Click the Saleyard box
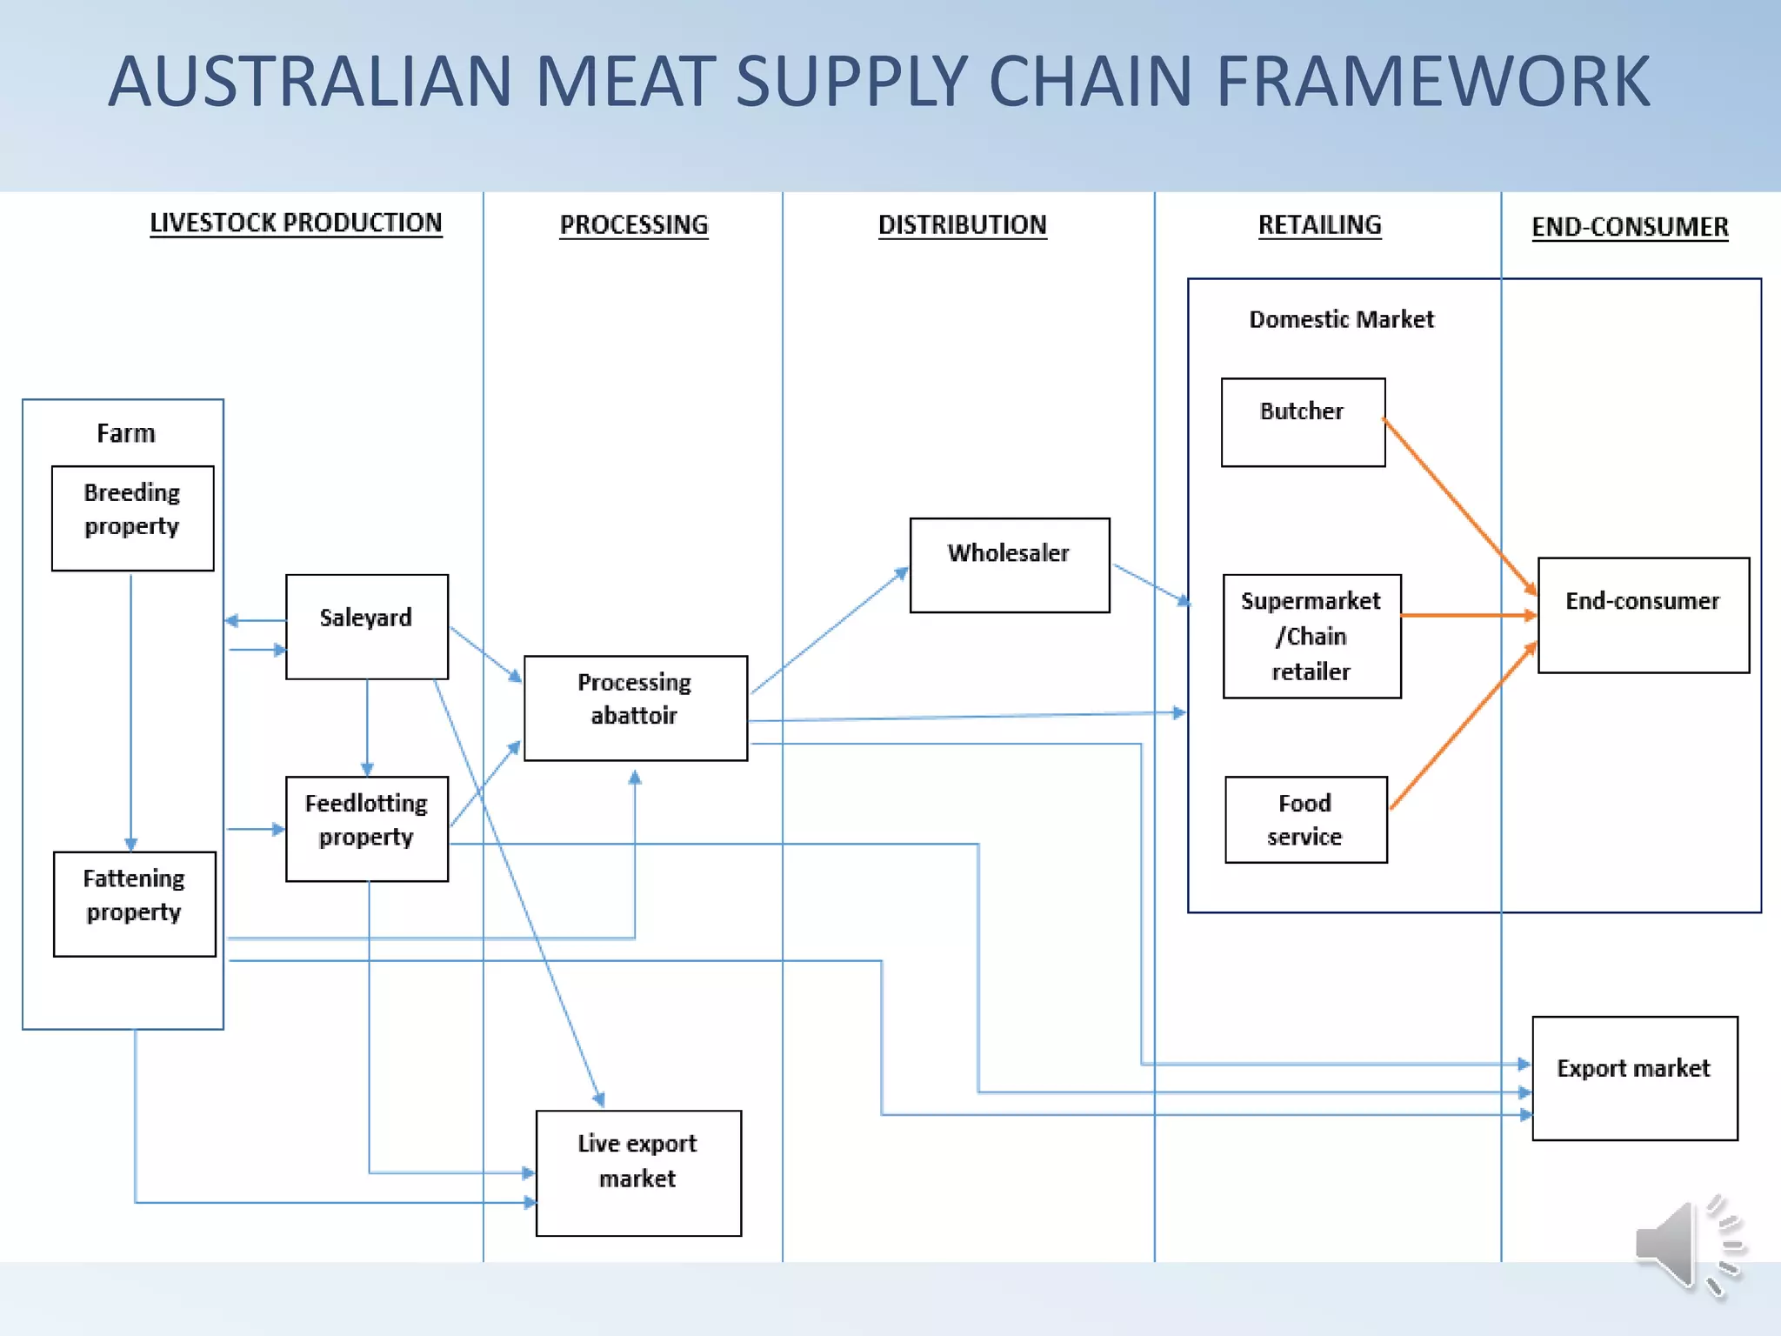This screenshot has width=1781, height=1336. coord(366,626)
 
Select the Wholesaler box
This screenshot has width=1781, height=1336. coord(1009,565)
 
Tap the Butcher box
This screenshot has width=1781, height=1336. coord(1302,422)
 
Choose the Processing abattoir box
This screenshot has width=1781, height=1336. coord(635,708)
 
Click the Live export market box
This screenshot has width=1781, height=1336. coord(638,1172)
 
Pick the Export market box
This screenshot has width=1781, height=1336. coord(1634,1078)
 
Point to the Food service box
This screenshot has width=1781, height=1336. coord(1305,819)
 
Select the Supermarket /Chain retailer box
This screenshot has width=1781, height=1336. coord(1311,636)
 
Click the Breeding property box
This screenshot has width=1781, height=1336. coord(132,518)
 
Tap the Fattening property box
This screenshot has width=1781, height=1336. coord(134,904)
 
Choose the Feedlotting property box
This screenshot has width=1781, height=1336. coord(366,828)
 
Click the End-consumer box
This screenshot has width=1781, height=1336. coord(1643,615)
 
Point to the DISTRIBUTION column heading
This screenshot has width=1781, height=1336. coord(962,225)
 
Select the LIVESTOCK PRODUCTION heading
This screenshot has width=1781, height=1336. coord(296,224)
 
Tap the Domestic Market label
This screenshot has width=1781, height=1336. coord(1341,319)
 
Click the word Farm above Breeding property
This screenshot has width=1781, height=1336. coord(126,433)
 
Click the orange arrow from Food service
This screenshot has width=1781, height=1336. coord(1463,727)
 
